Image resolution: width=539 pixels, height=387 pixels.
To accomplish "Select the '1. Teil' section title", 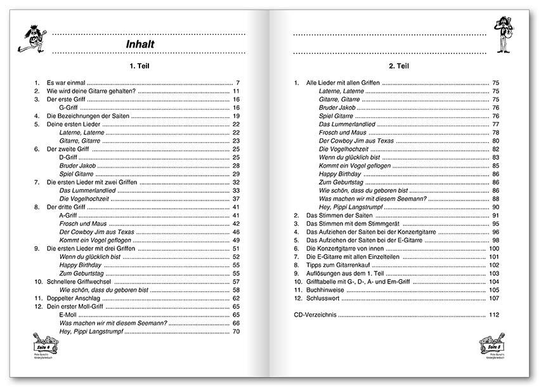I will (x=138, y=66).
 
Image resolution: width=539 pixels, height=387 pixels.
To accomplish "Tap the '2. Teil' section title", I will (x=400, y=66).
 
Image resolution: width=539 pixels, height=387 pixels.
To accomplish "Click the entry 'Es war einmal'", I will (x=67, y=83).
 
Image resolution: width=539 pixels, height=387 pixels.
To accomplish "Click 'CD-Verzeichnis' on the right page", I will (x=317, y=315).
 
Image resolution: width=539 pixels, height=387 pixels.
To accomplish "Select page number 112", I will (x=495, y=315).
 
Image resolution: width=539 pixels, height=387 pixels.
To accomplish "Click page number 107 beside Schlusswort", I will (x=495, y=298).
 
